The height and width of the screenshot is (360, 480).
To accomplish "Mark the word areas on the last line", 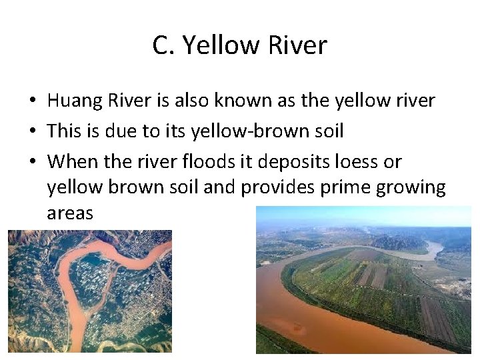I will click(x=70, y=213).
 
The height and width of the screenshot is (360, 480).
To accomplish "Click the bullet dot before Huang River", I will click(x=32, y=101).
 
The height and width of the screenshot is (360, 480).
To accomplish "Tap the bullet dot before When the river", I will click(x=32, y=161).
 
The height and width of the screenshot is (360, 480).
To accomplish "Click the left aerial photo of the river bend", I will click(x=89, y=291).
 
